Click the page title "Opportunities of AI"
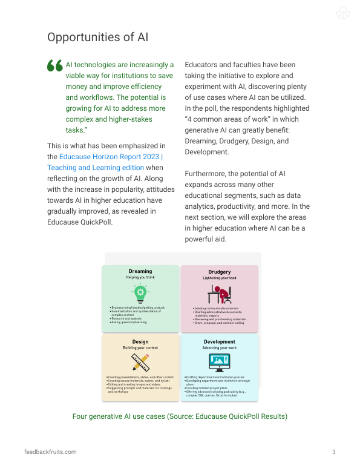click(x=98, y=38)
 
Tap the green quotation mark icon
click(x=54, y=66)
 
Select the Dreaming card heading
click(x=140, y=271)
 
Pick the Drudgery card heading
click(x=219, y=272)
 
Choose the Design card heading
click(x=140, y=342)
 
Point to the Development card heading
click(x=219, y=342)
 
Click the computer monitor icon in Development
click(x=219, y=363)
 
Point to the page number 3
click(x=334, y=452)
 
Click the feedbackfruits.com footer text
click(x=50, y=452)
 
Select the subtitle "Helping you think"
click(x=140, y=277)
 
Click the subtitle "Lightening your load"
click(x=219, y=278)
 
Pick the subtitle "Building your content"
click(x=140, y=349)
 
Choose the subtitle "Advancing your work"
click(x=219, y=349)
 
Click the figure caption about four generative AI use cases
click(x=180, y=416)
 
